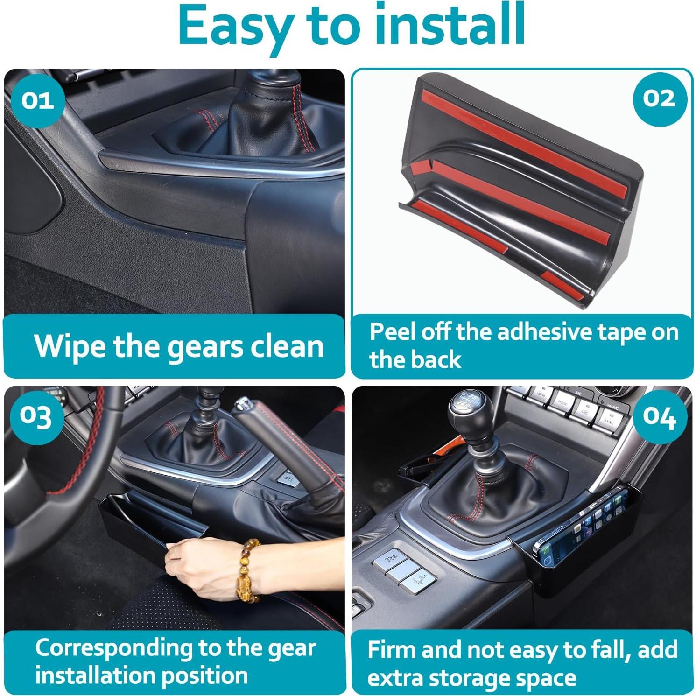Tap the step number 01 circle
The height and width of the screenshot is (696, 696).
tap(38, 100)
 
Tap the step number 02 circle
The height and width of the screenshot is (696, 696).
tap(659, 98)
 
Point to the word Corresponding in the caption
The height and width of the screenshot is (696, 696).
tap(114, 649)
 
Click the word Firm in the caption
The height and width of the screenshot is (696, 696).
tap(390, 650)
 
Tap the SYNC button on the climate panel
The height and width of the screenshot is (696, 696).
tap(608, 421)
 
